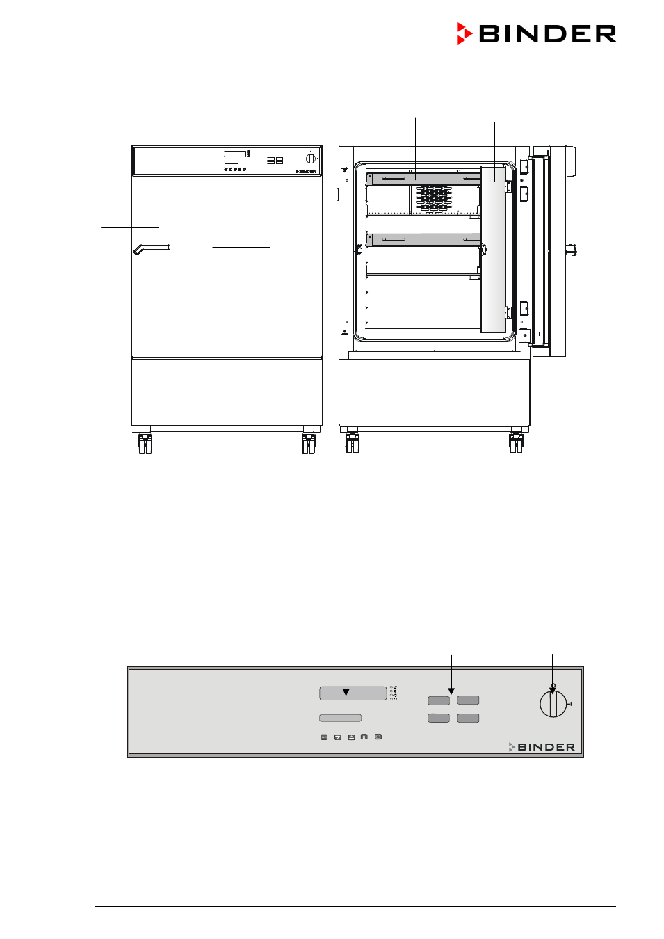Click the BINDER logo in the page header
coord(537,33)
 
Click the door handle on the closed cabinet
coord(152,249)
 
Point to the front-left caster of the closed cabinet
coord(145,443)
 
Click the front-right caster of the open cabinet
coord(516,443)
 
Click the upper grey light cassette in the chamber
coord(423,179)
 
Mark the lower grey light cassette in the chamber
coord(423,240)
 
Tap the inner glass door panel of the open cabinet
coord(494,249)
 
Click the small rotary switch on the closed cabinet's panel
coord(311,159)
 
